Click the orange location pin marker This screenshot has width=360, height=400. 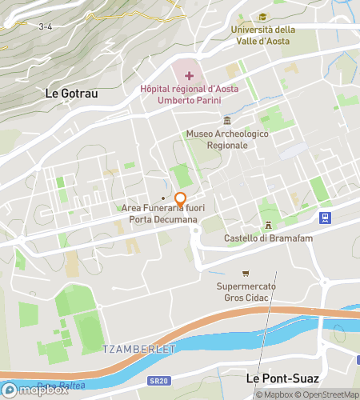click(181, 199)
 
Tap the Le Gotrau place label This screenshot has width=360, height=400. click(72, 94)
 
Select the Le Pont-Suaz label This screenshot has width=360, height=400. click(282, 378)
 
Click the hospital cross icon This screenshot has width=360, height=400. click(189, 75)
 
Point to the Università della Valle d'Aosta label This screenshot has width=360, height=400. click(262, 35)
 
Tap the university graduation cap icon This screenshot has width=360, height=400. click(262, 17)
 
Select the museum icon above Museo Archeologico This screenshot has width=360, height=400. click(227, 120)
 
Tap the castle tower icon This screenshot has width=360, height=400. click(269, 226)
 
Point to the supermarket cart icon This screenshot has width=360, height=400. click(246, 274)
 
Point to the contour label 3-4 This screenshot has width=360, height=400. click(46, 26)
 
